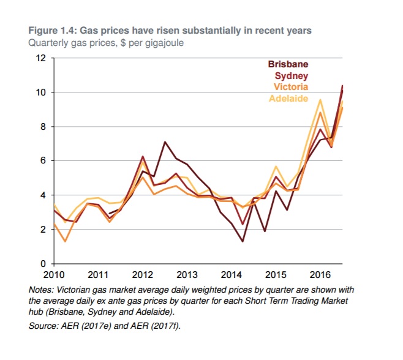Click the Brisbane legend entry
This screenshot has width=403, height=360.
(x=287, y=64)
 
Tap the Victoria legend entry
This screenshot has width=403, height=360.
(x=290, y=87)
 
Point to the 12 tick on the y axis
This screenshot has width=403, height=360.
(x=42, y=58)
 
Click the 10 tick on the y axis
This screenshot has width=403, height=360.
(x=42, y=92)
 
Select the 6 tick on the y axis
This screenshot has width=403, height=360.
(x=43, y=161)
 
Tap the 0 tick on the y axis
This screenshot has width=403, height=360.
(x=43, y=264)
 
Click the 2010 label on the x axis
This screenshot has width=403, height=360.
(x=55, y=274)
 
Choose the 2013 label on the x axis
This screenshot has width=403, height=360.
(x=187, y=274)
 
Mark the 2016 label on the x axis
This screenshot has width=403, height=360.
(x=319, y=274)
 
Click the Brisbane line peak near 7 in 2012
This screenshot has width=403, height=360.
(x=165, y=142)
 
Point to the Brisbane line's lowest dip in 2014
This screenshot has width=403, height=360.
(x=243, y=241)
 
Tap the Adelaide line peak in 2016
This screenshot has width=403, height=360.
(x=320, y=99)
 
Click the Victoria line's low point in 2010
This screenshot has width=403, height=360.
(x=66, y=241)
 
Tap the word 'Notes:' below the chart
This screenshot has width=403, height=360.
(x=41, y=289)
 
